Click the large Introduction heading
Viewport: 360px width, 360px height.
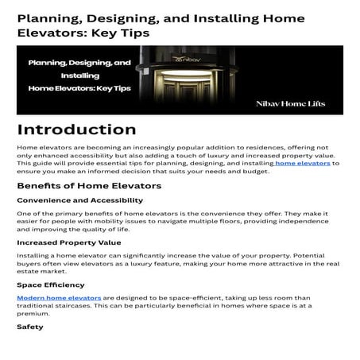[76, 129]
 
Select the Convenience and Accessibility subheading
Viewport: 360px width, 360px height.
[74, 200]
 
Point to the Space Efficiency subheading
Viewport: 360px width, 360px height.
[50, 283]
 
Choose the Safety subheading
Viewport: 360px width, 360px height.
[29, 326]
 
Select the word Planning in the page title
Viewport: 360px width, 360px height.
[46, 20]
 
